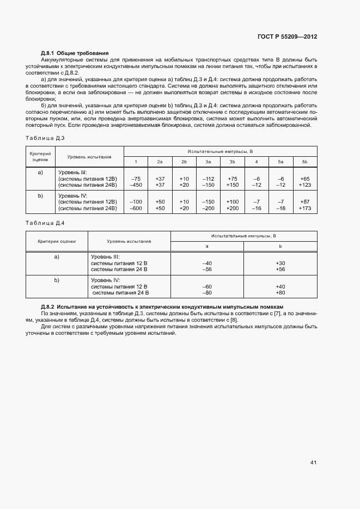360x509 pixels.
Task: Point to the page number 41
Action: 313,462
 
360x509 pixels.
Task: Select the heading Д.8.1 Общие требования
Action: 75,52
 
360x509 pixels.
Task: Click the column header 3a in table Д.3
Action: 208,162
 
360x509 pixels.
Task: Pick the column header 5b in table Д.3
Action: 304,162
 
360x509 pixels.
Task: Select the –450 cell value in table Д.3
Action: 136,185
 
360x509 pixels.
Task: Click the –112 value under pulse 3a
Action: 208,179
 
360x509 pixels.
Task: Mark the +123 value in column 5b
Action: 304,185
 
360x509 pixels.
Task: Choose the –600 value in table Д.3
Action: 136,208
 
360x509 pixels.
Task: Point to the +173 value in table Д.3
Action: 304,208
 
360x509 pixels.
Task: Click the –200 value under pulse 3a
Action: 208,208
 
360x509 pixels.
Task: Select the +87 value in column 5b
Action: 304,202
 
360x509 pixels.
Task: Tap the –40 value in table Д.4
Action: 207,263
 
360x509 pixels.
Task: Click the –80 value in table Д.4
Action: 207,292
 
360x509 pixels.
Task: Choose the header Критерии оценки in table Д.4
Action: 57,241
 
